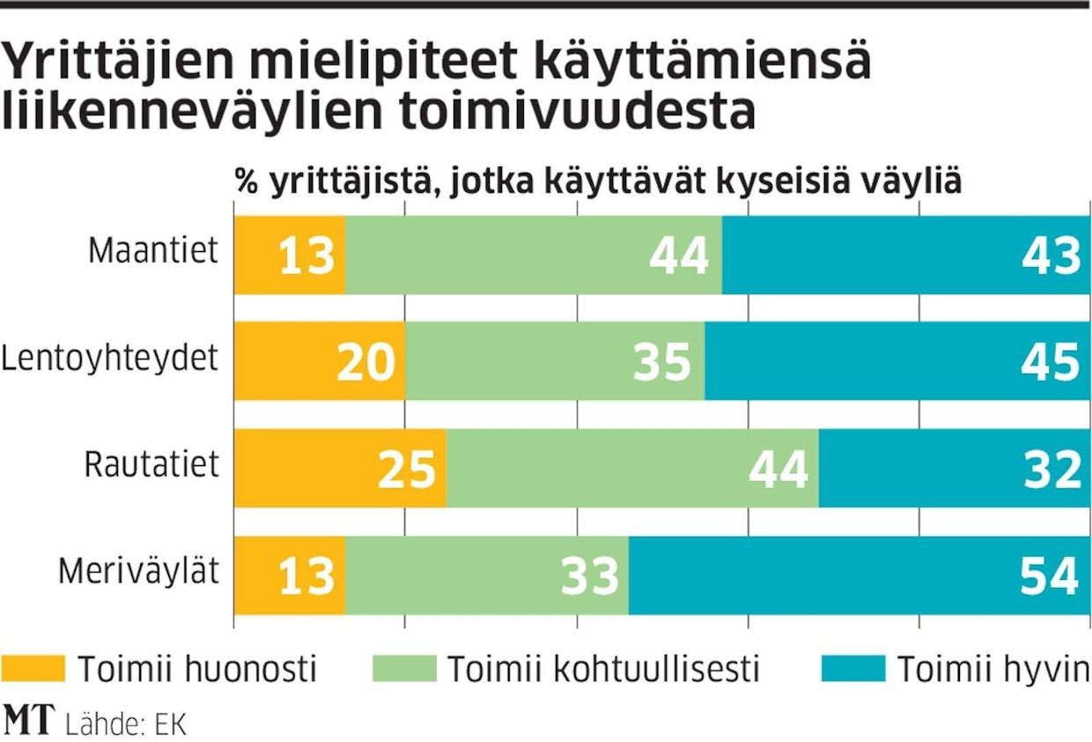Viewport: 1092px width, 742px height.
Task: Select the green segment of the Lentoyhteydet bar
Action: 555,361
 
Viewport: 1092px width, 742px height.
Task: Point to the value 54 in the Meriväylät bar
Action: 1049,576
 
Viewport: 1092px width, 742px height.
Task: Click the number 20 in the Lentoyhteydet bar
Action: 365,361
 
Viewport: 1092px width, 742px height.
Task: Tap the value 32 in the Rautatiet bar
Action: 1051,469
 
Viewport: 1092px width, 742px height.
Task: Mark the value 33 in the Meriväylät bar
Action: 589,576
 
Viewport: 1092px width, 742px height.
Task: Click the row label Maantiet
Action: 152,251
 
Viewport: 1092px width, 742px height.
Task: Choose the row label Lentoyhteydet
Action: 109,360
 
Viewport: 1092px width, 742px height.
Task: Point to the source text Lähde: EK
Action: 126,723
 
